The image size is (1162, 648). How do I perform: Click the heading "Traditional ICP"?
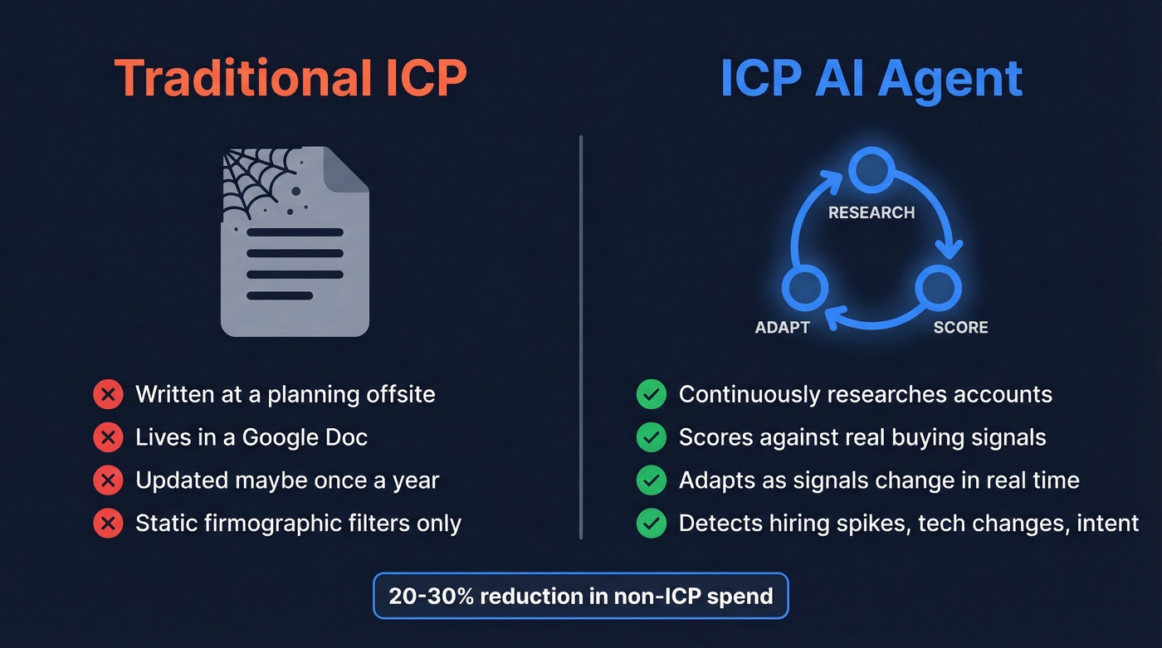[290, 79]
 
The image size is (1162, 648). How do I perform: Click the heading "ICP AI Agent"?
[871, 79]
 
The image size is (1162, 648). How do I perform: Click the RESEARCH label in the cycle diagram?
[871, 212]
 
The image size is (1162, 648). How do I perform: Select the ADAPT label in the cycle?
[782, 327]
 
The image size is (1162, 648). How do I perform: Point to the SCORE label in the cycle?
[960, 327]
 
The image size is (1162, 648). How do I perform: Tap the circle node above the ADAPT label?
[805, 288]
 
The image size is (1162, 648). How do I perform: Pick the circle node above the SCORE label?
[938, 288]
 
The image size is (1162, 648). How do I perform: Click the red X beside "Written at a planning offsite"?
[108, 394]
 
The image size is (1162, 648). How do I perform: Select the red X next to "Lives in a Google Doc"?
[108, 437]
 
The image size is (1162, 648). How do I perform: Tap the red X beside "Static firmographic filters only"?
[108, 524]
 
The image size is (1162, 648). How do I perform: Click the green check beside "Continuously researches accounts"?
[652, 394]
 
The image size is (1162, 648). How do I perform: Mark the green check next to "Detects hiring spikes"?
[652, 524]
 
